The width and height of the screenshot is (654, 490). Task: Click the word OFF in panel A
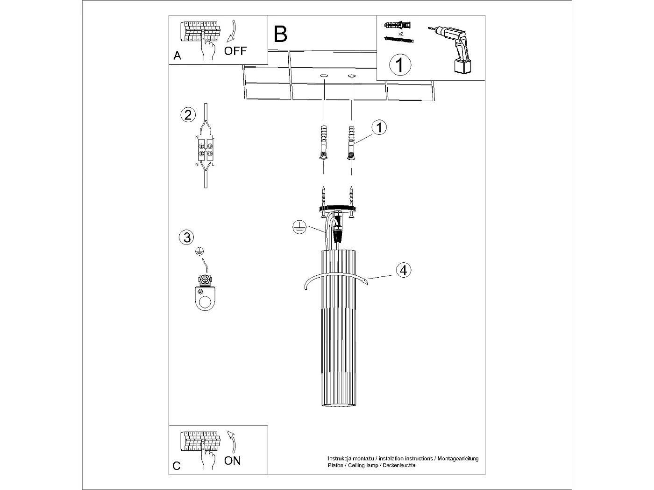tap(235, 51)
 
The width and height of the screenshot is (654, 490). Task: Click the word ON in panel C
tap(232, 461)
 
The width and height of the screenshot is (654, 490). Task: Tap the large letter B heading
tap(280, 35)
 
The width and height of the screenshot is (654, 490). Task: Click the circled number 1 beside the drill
tap(400, 65)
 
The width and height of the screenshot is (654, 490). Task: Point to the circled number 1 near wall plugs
tap(379, 127)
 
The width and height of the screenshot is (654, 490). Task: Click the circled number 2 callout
tap(188, 115)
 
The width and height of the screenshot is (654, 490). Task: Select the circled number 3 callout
tap(186, 237)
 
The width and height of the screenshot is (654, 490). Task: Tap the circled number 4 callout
tap(404, 270)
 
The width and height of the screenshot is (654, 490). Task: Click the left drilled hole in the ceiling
tap(324, 75)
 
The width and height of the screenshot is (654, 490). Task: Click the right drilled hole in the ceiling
tap(351, 75)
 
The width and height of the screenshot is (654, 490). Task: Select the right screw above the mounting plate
tap(351, 196)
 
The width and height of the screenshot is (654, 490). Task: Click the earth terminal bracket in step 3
tap(205, 293)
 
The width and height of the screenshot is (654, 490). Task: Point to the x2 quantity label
tap(400, 34)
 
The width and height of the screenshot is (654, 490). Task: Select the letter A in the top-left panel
tap(177, 56)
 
